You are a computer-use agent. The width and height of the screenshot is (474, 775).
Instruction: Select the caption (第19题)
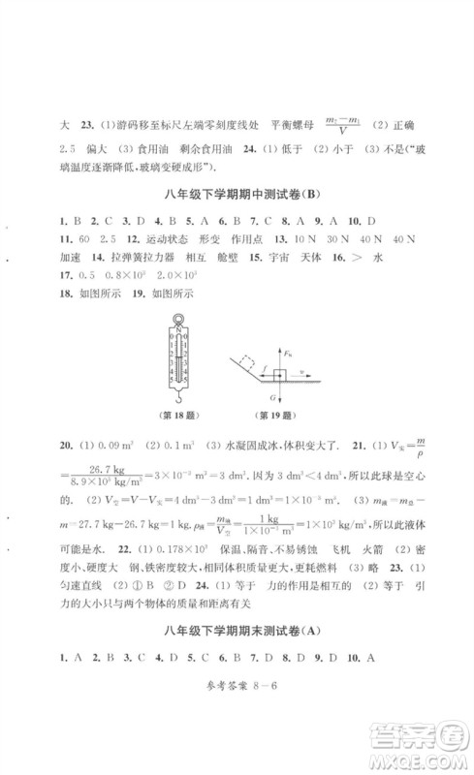(x=274, y=418)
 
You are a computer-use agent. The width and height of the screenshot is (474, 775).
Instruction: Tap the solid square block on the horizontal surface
(x=279, y=373)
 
